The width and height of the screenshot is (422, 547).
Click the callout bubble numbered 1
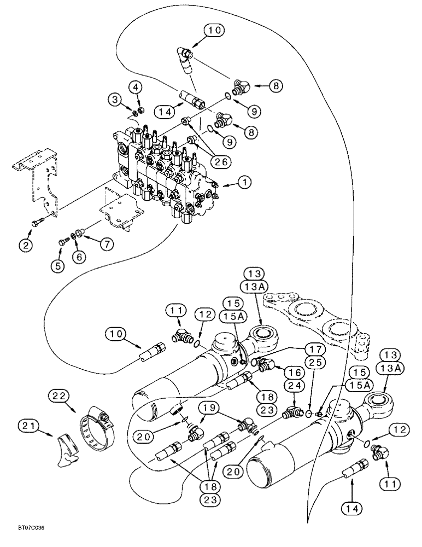click(244, 186)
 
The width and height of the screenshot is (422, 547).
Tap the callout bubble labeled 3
click(114, 98)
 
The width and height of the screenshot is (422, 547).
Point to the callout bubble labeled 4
click(136, 86)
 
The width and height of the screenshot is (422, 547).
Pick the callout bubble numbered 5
click(57, 265)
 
